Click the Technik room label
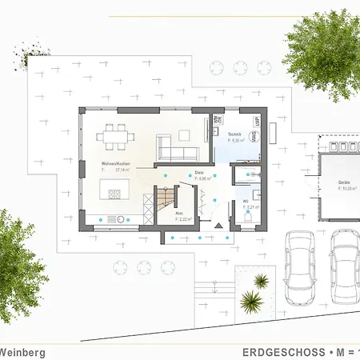coord(234,134)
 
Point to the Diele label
coord(198,172)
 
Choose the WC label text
coord(246,201)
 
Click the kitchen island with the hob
coord(111,190)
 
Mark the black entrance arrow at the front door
coord(217,228)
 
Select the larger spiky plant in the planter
coord(251,302)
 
